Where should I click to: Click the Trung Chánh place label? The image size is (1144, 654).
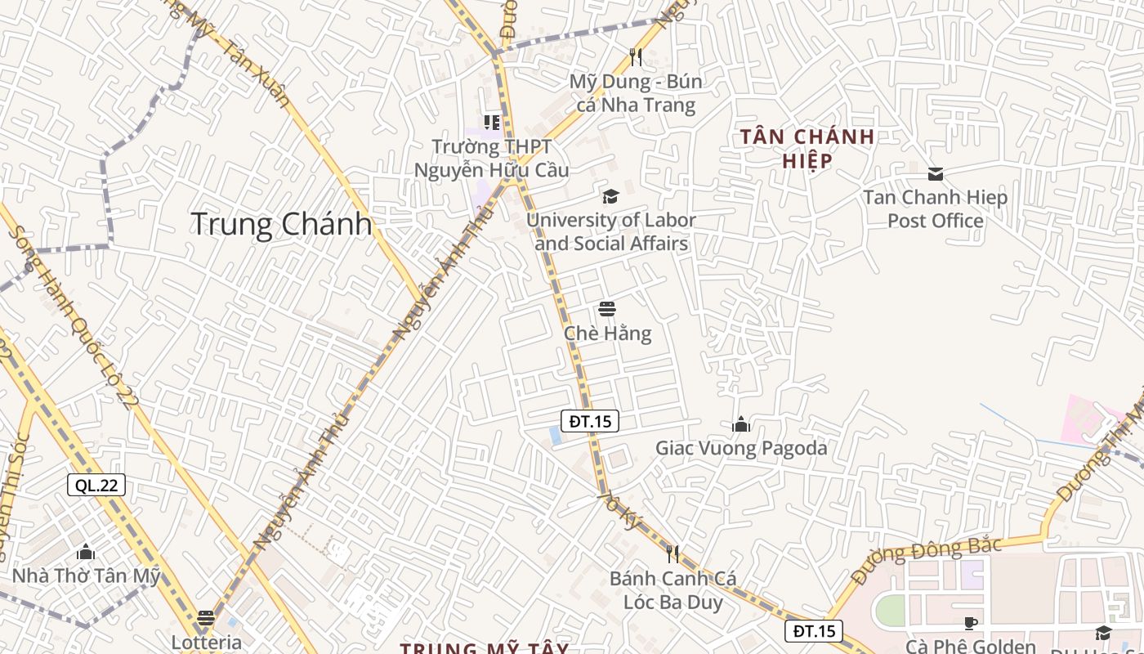(281, 224)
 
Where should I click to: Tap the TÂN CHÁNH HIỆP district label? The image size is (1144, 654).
(807, 148)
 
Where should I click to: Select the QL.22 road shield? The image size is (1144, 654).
(96, 485)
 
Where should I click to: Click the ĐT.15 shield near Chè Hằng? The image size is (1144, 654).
(590, 421)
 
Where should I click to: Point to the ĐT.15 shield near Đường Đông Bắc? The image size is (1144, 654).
(814, 630)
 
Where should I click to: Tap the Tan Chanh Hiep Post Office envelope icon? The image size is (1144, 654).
(936, 173)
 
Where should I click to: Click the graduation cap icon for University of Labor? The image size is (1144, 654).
(610, 196)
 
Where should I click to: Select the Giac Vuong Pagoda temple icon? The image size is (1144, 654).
(741, 423)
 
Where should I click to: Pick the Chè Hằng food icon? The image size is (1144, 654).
(607, 309)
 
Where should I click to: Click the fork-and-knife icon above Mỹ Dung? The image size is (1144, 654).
(636, 56)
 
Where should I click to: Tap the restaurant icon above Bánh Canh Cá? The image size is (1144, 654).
(673, 554)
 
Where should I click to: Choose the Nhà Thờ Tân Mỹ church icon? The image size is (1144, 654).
(86, 552)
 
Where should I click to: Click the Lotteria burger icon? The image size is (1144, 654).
(206, 617)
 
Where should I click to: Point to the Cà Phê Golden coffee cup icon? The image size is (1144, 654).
(971, 623)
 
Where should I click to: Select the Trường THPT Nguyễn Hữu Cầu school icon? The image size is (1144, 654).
(492, 123)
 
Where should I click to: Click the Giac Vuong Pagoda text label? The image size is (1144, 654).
(741, 448)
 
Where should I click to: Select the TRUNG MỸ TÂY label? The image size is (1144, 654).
(484, 647)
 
